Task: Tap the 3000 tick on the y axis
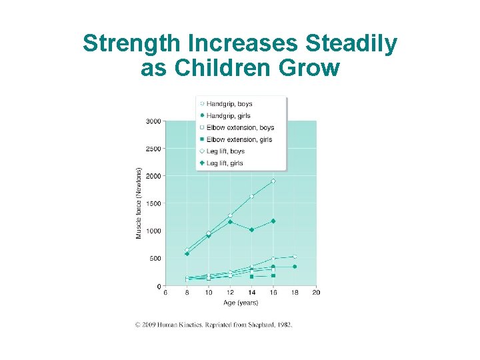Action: click(x=153, y=121)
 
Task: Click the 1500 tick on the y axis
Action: click(x=153, y=203)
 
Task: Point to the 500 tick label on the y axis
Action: click(x=155, y=259)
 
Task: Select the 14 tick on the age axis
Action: click(x=251, y=293)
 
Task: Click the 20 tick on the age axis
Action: click(x=316, y=293)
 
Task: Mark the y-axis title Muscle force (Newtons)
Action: click(x=139, y=203)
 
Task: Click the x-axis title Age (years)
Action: click(x=241, y=303)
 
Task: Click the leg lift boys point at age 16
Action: click(x=273, y=181)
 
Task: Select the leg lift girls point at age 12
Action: click(x=230, y=221)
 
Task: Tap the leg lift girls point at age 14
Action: click(x=251, y=230)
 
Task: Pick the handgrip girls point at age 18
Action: click(x=295, y=267)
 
